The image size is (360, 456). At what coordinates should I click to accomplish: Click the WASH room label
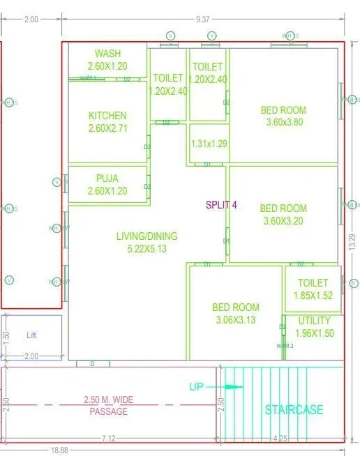pos(108,54)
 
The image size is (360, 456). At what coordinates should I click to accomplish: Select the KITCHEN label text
pos(107,115)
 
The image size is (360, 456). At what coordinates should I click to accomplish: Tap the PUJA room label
pos(107,178)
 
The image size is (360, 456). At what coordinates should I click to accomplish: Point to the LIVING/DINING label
pos(147,236)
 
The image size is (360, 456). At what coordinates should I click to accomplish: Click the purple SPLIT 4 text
pos(221,205)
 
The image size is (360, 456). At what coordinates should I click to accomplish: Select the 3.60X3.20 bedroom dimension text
pos(283,220)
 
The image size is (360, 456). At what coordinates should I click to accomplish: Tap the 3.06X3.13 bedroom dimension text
pos(236,319)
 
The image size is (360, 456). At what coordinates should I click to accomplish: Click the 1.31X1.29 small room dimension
pos(208,144)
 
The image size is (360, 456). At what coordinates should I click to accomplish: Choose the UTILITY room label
pos(314,321)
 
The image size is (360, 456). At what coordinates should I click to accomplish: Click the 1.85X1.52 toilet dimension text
pos(313,296)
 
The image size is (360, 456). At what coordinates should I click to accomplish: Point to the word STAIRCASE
pos(294,410)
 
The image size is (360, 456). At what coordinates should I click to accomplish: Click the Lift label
pos(31,335)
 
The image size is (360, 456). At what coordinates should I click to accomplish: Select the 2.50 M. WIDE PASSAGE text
pos(109,406)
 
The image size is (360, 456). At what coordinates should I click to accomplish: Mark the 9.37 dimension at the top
pos(203,20)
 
